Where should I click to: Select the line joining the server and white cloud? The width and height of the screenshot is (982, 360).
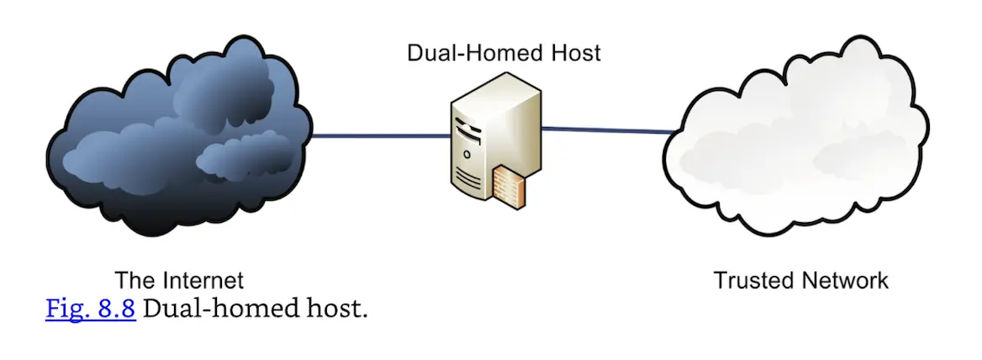click(605, 130)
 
